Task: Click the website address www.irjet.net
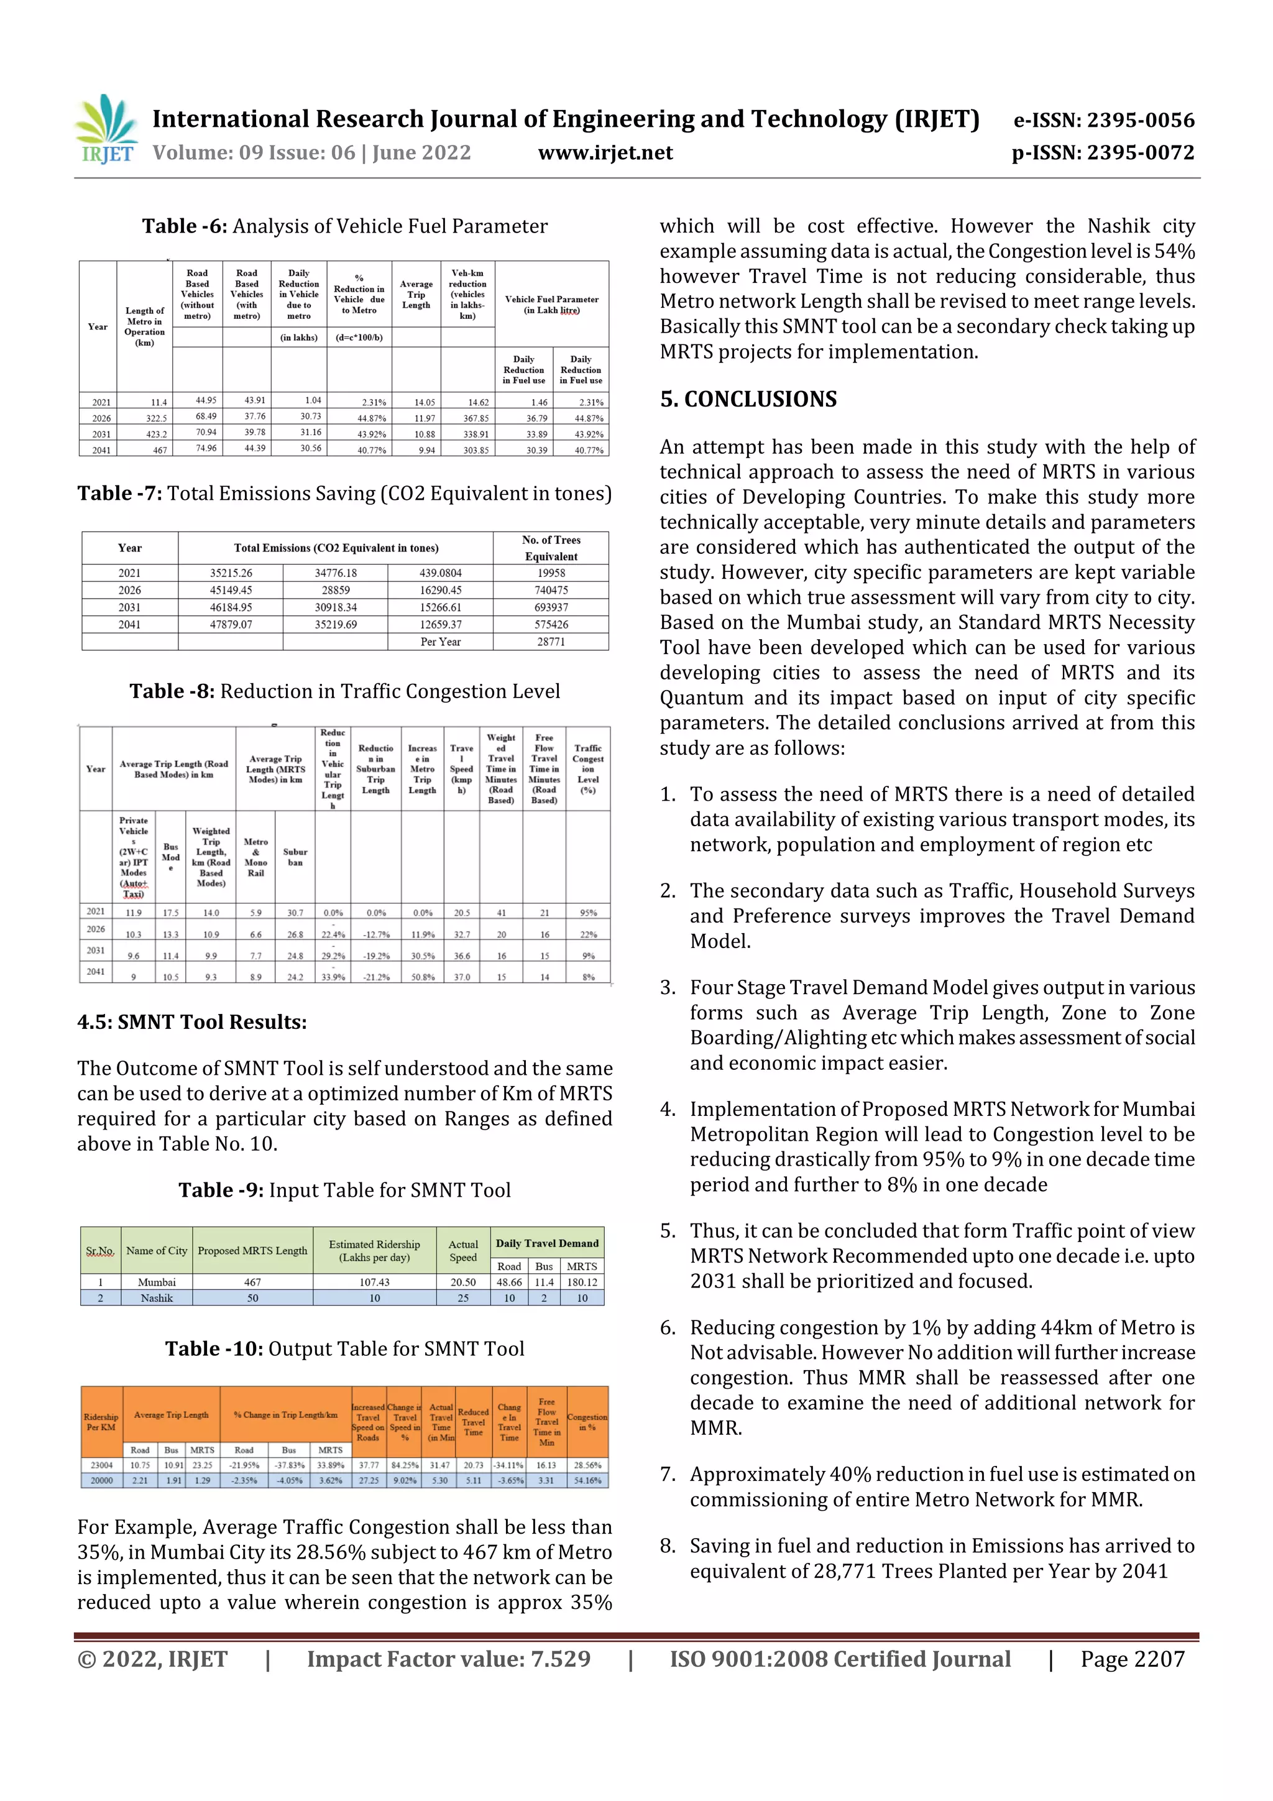[x=605, y=153]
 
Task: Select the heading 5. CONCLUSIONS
[x=748, y=399]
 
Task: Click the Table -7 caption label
[x=120, y=494]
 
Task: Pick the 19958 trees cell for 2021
[x=551, y=573]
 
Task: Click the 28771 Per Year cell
[x=551, y=642]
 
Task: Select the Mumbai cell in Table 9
[x=157, y=1282]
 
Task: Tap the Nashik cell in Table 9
[x=157, y=1298]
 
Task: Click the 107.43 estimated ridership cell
[x=374, y=1282]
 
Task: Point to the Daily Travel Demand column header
[x=547, y=1243]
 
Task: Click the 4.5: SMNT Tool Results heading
[x=192, y=1022]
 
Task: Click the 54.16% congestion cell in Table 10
[x=587, y=1481]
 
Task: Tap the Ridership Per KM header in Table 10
[x=101, y=1422]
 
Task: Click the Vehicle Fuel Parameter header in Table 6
[x=551, y=305]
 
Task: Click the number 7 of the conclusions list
[x=668, y=1474]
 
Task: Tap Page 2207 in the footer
[x=1132, y=1660]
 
